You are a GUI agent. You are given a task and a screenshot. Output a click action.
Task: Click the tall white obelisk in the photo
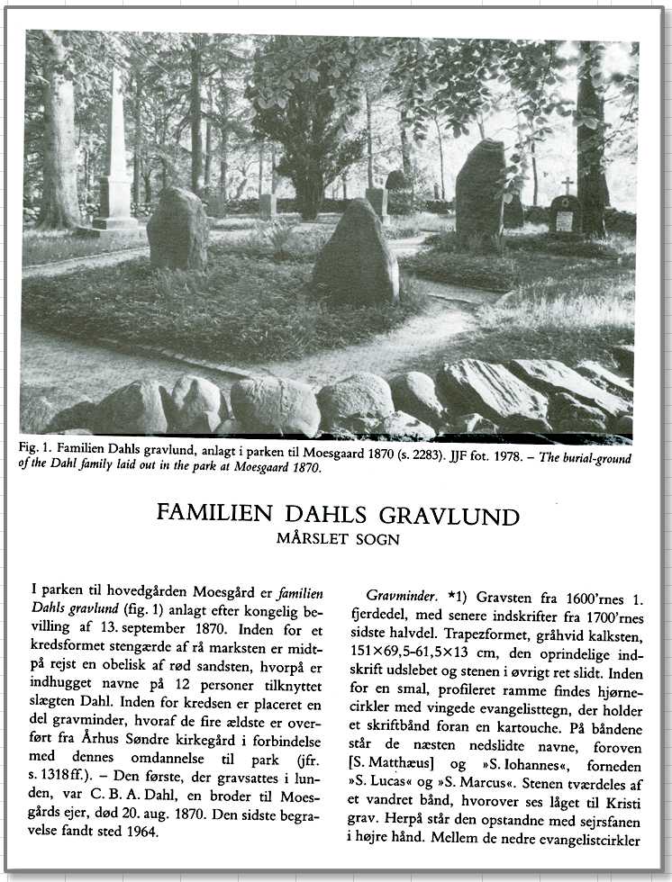116,157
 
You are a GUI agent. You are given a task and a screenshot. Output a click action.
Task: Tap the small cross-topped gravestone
565,211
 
